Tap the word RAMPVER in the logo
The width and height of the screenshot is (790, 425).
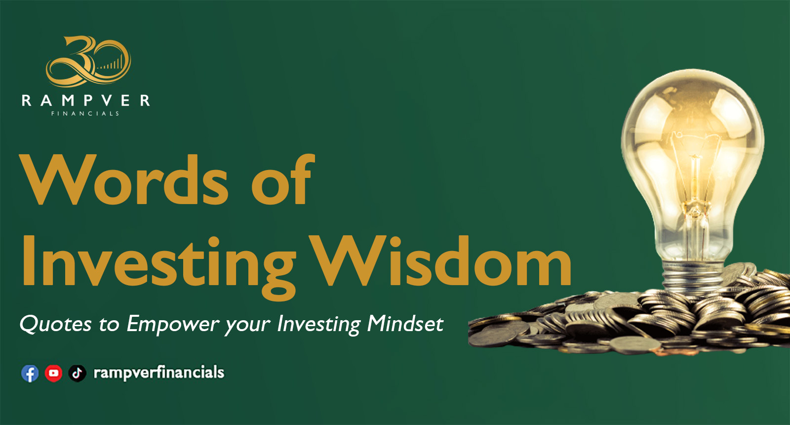(x=86, y=101)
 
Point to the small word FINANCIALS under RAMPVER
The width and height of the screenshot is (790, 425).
(x=85, y=114)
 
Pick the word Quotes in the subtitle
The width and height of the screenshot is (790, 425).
(x=56, y=324)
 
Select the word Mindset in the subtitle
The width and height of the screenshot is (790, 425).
(x=405, y=324)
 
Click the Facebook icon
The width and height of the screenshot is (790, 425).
(x=30, y=373)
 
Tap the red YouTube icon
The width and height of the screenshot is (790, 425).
(x=54, y=373)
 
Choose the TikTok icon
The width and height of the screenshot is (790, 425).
(x=77, y=373)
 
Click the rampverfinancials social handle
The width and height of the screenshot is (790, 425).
(x=158, y=373)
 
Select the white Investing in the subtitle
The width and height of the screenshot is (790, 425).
(x=319, y=324)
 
